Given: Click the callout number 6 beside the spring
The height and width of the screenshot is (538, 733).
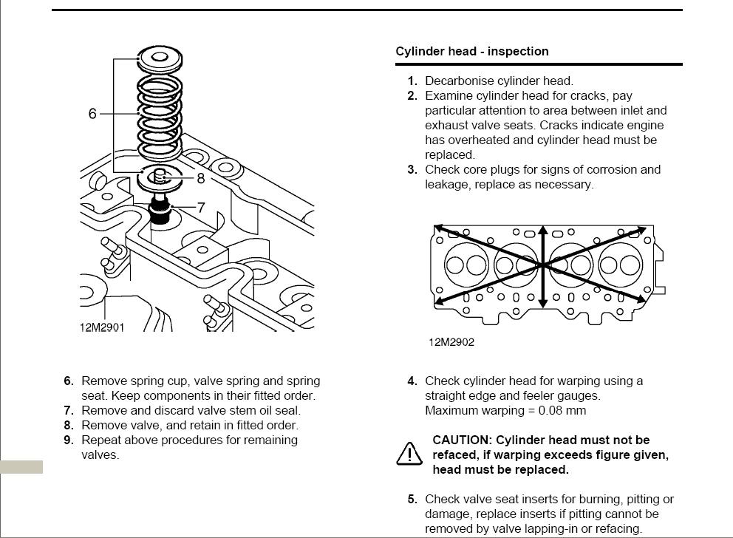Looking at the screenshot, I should coord(92,114).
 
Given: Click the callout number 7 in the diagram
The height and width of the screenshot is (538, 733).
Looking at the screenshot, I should coord(200,208).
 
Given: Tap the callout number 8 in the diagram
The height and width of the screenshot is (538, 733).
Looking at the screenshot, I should coord(200,178).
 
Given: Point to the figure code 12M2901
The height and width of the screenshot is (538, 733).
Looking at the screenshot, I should coord(102,327).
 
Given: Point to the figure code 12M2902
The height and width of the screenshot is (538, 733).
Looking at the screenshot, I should coord(451,342).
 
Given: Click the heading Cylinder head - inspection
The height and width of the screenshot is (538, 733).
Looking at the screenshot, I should coord(472,52).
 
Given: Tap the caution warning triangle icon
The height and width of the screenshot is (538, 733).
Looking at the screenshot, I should coord(409,453).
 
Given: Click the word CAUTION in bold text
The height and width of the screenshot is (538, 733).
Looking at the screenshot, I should coord(462,440).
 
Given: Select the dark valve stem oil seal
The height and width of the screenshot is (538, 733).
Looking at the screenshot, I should coord(159,214).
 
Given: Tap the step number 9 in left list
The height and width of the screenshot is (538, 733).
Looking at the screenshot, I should coord(69,440).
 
